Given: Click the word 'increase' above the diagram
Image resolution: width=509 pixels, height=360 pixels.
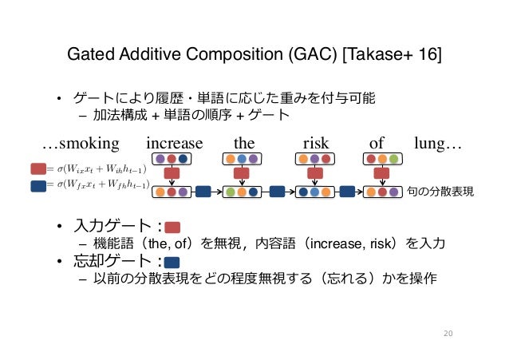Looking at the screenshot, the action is point(175,144).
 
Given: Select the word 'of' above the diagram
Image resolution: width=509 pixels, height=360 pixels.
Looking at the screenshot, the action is point(377,144).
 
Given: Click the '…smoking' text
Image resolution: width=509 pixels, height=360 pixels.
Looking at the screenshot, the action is point(81,144).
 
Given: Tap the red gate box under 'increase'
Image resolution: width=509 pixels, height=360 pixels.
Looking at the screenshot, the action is point(172,173).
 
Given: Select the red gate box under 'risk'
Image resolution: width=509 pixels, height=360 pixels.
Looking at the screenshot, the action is point(315,173).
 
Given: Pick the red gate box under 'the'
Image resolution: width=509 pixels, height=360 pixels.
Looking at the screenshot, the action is point(242,173).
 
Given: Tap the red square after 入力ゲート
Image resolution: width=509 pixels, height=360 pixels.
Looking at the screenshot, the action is point(173,227).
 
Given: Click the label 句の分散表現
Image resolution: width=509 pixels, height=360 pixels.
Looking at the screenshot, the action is point(440,192).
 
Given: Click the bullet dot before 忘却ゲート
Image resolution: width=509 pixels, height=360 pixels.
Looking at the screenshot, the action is point(59,261).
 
